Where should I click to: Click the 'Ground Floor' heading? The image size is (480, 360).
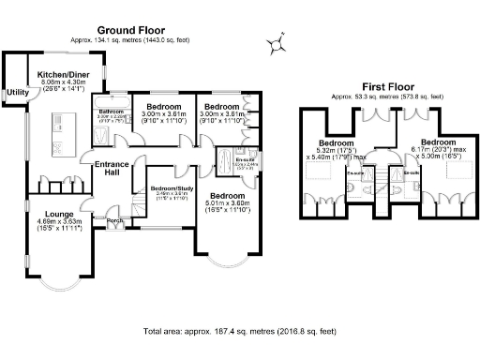[x=112, y=30]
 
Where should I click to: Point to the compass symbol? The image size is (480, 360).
[x=277, y=42]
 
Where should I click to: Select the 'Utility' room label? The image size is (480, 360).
[x=17, y=92]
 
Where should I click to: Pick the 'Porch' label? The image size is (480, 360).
[x=115, y=221]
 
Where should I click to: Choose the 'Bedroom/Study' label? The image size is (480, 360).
[x=169, y=187]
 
